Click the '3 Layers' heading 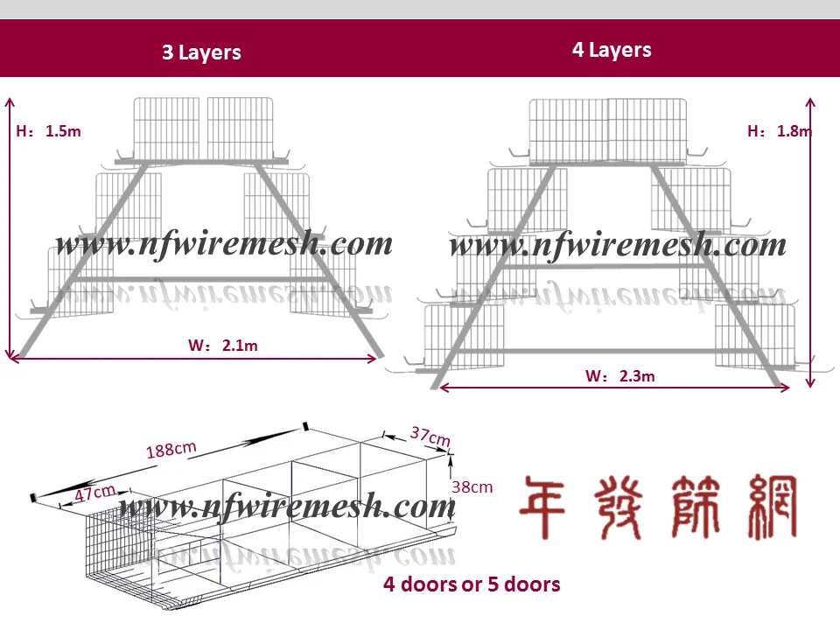click(201, 52)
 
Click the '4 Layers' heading click(612, 50)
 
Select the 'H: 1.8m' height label click(780, 131)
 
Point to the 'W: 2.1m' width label click(223, 346)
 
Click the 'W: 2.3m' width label click(620, 377)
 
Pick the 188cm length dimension click(171, 450)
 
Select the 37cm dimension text click(430, 435)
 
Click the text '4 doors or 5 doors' click(472, 584)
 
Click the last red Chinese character click(770, 507)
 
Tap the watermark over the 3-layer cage click(224, 244)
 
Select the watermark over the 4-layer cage click(618, 246)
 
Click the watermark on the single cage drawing click(288, 506)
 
